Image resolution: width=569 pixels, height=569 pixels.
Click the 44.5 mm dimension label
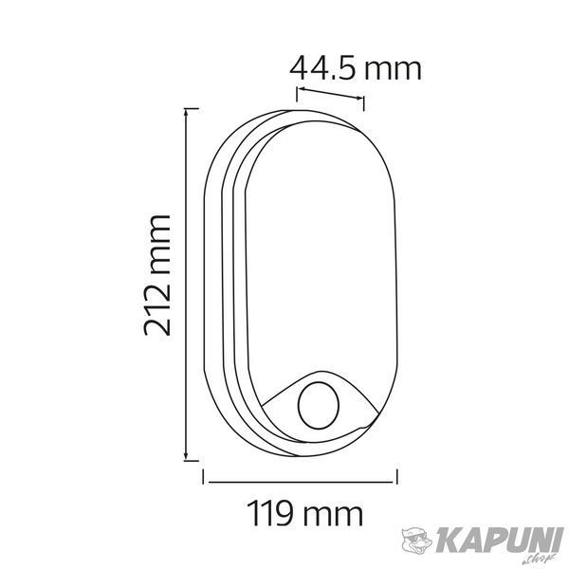point(356,68)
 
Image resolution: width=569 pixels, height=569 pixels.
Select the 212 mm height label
point(157,275)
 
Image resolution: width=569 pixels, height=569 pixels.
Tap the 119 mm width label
point(304,513)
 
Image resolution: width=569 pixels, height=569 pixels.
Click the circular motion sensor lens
point(319,405)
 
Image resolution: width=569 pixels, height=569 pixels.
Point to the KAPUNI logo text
point(500,541)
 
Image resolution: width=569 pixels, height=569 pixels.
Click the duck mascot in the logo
point(417,541)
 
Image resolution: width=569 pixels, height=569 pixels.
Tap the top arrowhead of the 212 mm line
point(186,112)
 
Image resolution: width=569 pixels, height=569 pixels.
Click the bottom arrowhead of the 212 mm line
point(186,456)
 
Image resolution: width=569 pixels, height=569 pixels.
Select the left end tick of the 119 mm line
point(203,476)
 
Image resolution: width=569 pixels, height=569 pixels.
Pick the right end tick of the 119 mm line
point(397,476)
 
